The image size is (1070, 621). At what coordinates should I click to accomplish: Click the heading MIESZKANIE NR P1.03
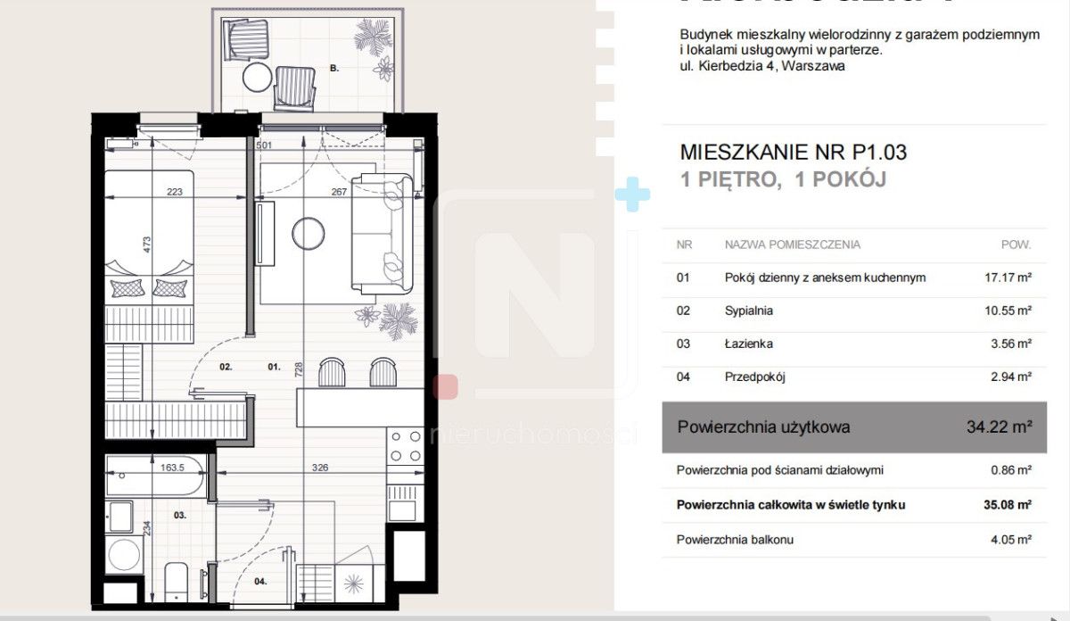[793, 153]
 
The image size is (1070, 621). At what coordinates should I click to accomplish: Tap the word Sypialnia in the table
[748, 310]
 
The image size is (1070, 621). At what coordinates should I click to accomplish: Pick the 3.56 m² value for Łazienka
[1002, 344]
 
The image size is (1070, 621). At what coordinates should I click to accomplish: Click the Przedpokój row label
[754, 377]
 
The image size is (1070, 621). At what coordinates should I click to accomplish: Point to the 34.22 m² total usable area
[999, 427]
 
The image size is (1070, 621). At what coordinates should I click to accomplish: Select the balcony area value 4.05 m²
[1002, 540]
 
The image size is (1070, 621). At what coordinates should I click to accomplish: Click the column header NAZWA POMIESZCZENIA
[792, 244]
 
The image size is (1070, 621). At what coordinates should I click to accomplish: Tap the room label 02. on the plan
[226, 366]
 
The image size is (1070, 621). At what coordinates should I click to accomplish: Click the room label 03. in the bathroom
[179, 515]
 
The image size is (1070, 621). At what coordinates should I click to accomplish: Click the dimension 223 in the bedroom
[175, 191]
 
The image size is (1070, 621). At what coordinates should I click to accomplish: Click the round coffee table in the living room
[308, 234]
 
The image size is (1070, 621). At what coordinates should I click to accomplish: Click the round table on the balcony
[258, 77]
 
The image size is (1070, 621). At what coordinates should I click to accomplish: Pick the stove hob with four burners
[405, 445]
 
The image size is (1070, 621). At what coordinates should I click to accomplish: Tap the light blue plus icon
[632, 195]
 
